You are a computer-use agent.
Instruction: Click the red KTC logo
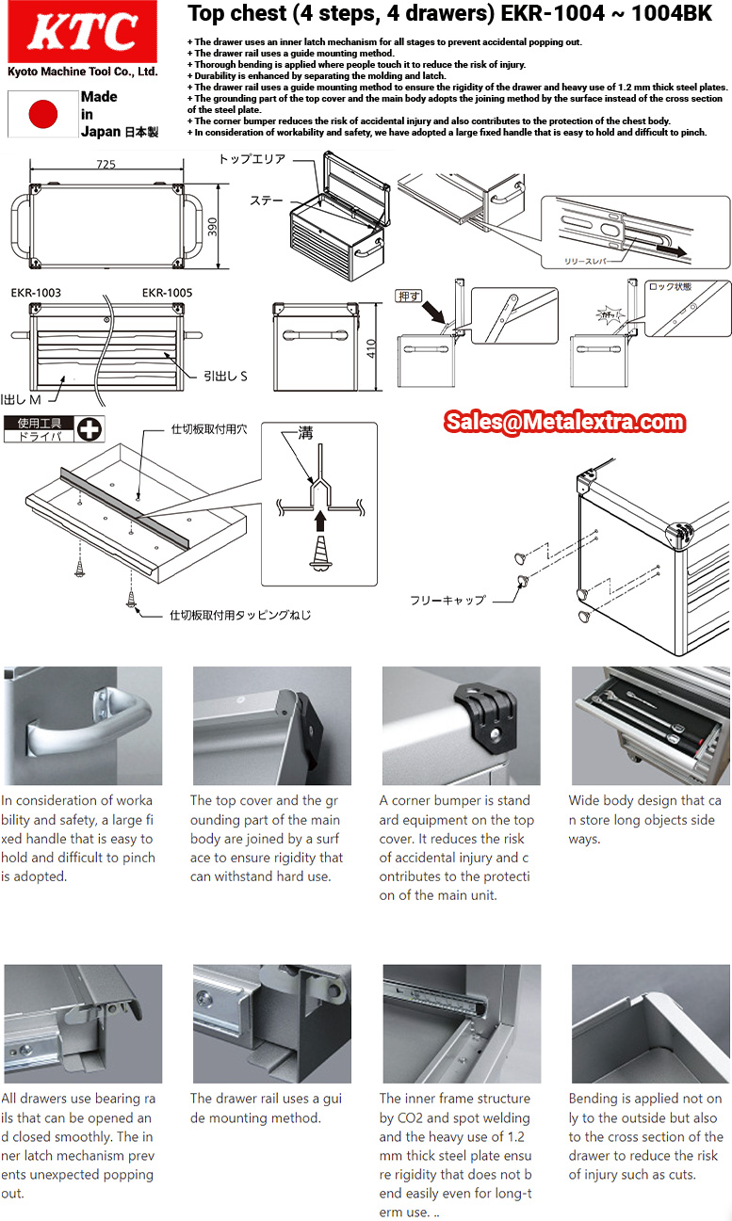tap(82, 31)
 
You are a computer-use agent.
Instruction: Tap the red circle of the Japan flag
tap(43, 114)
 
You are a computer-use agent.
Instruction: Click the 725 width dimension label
tap(106, 164)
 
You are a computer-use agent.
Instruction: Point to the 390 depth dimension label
tap(212, 227)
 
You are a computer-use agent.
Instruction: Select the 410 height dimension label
tap(371, 348)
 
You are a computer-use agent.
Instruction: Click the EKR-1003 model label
tap(36, 293)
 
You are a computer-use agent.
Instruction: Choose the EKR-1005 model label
tap(167, 293)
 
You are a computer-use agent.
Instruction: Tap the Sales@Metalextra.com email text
tap(564, 422)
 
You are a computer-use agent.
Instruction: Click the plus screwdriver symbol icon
tap(89, 429)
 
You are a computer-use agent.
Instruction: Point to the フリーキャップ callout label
tap(447, 600)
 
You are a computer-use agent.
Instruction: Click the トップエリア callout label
tap(252, 158)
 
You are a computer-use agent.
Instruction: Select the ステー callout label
tap(267, 201)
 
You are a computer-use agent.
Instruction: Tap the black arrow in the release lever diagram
tap(672, 251)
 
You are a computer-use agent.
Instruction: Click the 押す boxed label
tap(409, 296)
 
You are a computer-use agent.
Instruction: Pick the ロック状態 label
tap(671, 286)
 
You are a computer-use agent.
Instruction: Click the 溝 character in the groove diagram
tap(305, 433)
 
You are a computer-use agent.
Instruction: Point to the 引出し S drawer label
tap(225, 377)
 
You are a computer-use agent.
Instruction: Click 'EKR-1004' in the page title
tap(553, 13)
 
